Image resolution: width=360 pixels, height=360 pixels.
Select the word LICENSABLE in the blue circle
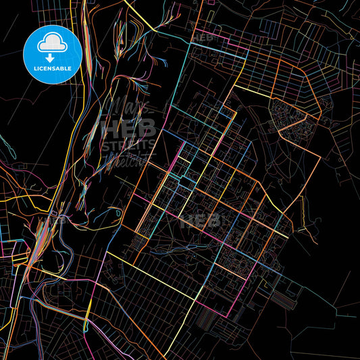[53, 68]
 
